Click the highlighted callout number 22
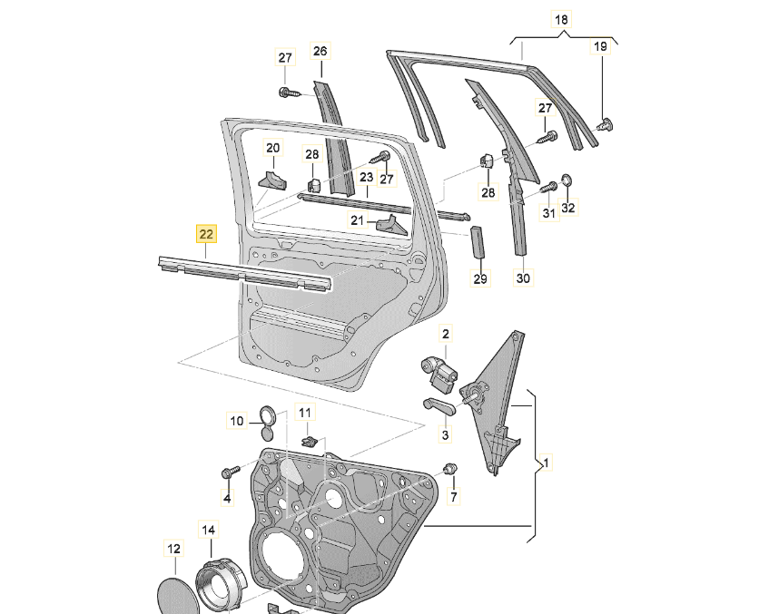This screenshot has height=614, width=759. click(x=206, y=234)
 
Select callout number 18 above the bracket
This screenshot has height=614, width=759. click(x=561, y=19)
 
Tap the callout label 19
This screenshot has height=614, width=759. click(x=601, y=46)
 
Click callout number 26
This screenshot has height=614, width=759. click(x=320, y=52)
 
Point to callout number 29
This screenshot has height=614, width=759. click(x=480, y=278)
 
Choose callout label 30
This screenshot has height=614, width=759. click(x=523, y=278)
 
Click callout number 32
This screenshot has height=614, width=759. click(x=568, y=208)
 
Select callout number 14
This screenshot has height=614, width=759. click(x=209, y=529)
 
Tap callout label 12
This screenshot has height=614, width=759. click(x=172, y=548)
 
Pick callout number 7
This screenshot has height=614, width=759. click(x=453, y=497)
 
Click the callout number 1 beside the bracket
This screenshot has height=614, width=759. click(x=545, y=463)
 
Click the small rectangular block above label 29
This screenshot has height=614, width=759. click(x=478, y=242)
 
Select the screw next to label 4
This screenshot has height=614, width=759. click(x=227, y=473)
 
